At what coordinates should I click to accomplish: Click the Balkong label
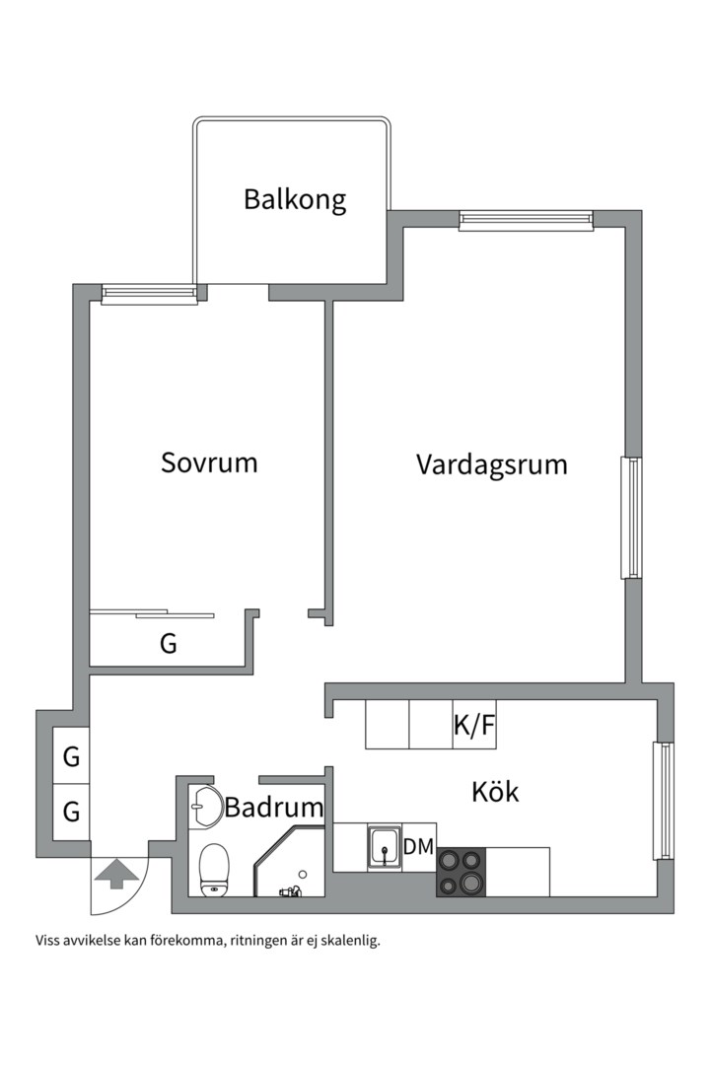[x=295, y=200]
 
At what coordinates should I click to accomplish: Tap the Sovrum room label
[x=209, y=462]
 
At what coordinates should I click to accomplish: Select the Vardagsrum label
[x=491, y=464]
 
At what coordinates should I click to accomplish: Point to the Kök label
[x=495, y=792]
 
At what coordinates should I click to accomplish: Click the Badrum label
[x=274, y=808]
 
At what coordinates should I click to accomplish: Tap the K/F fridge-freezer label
[x=474, y=727]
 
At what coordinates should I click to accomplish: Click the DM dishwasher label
[x=418, y=847]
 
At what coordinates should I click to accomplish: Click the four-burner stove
[x=461, y=872]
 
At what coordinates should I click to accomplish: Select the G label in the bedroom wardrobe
[x=169, y=645]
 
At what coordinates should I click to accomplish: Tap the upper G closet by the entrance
[x=71, y=758]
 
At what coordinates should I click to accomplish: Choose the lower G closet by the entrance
[x=71, y=813]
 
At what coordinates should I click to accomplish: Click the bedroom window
[x=149, y=293]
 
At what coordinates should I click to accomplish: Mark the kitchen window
[x=664, y=801]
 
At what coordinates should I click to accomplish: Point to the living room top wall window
[x=526, y=221]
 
